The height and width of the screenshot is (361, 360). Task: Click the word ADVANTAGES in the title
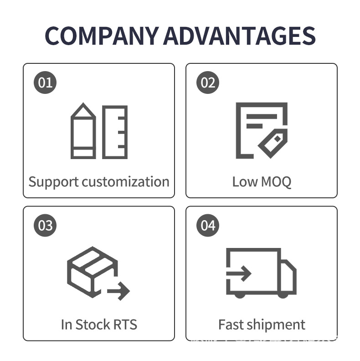tap(239, 36)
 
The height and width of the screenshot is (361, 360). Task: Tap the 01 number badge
tap(46, 83)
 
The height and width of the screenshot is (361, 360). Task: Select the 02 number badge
tap(208, 83)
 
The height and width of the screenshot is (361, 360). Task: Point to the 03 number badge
tap(46, 226)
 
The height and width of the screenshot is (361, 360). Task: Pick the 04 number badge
tap(208, 226)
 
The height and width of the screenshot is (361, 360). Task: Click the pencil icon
tap(83, 132)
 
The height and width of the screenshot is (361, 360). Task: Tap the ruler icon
tap(115, 132)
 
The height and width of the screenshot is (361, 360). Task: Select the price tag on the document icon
tap(273, 143)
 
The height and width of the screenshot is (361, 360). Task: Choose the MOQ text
tap(275, 182)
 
